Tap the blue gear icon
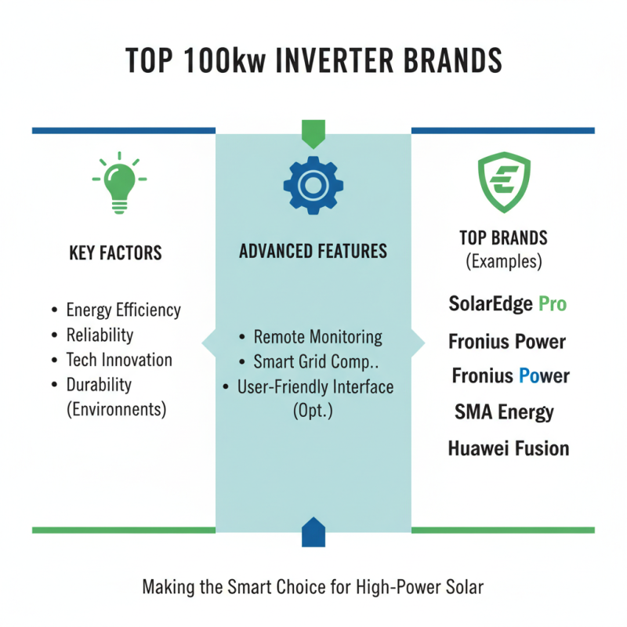coord(313,185)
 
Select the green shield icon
coord(504,184)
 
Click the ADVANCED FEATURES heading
coord(313,252)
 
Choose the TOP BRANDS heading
coord(503,238)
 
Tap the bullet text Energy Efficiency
coord(123,310)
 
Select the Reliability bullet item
coord(100,335)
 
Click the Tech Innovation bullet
coord(119,360)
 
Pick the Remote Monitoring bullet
coord(317,337)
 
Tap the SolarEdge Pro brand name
coord(507,303)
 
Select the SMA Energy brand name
coord(504,411)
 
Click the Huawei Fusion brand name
coord(509,448)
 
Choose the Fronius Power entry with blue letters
coord(510,376)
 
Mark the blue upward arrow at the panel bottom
coord(313,531)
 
